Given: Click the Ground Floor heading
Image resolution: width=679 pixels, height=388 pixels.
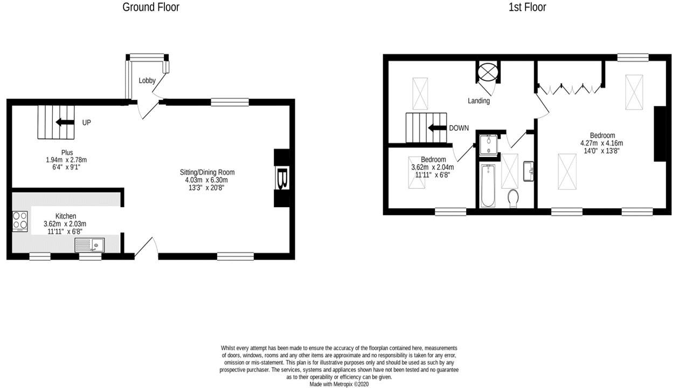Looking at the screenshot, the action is pyautogui.click(x=151, y=7).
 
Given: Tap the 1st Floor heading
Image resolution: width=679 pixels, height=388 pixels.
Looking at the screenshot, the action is pyautogui.click(x=527, y=7).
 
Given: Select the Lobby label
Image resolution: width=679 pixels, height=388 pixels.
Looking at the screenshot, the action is pyautogui.click(x=147, y=80).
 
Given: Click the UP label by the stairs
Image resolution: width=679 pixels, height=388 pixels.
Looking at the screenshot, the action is pyautogui.click(x=86, y=122).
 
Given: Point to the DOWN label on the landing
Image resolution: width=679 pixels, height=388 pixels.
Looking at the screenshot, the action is pyautogui.click(x=459, y=128).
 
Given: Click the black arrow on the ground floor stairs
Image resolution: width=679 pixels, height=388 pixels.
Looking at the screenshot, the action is pyautogui.click(x=65, y=122).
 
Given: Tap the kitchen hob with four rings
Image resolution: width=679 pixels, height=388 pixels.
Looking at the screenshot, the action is pyautogui.click(x=20, y=221).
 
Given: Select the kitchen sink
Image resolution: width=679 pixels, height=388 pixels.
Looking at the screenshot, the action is pyautogui.click(x=89, y=245).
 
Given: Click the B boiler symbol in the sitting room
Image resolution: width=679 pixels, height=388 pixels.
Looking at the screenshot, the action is pyautogui.click(x=282, y=178).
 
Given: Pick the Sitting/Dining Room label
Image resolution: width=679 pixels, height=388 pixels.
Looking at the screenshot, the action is pyautogui.click(x=207, y=172).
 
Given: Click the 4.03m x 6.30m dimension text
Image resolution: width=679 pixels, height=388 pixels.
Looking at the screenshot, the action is pyautogui.click(x=206, y=180).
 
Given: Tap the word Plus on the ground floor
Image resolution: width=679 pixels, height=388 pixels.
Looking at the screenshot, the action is pyautogui.click(x=67, y=152).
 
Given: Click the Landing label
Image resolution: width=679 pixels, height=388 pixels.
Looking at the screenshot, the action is pyautogui.click(x=479, y=100).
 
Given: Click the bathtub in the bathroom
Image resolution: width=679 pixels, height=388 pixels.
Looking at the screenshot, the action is pyautogui.click(x=488, y=186).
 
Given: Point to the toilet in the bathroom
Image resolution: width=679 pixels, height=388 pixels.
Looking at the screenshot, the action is pyautogui.click(x=513, y=198).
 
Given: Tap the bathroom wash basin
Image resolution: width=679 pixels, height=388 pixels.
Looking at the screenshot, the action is pyautogui.click(x=528, y=171).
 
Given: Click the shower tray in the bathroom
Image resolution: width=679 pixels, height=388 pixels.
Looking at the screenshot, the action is pyautogui.click(x=489, y=145).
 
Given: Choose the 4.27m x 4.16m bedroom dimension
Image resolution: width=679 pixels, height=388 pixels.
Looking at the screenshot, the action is pyautogui.click(x=602, y=143).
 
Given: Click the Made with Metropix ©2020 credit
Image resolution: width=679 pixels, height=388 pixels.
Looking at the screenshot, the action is pyautogui.click(x=339, y=384).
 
